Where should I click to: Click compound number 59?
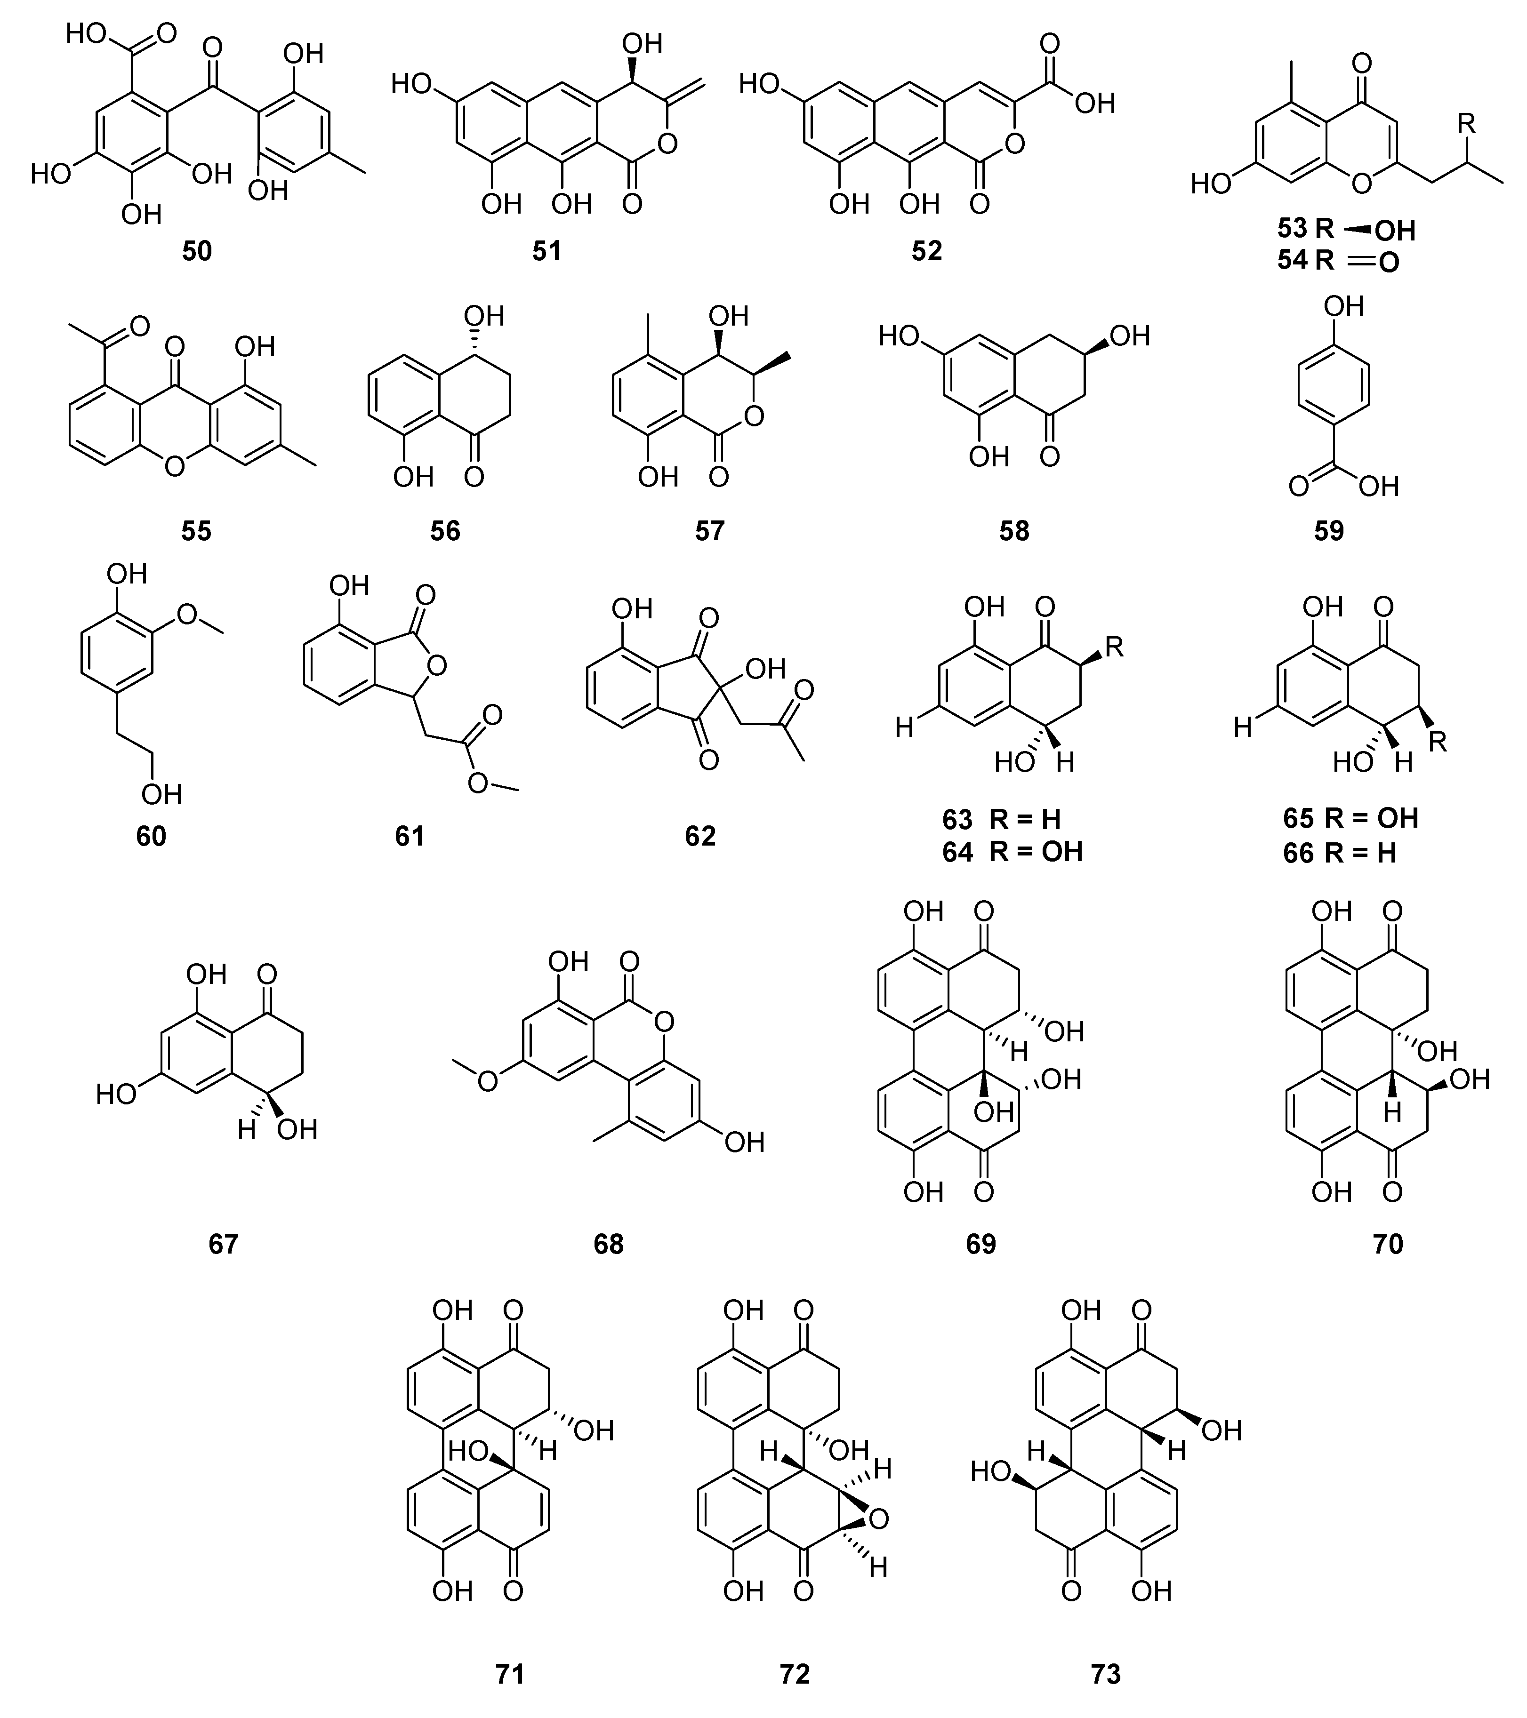click(1328, 531)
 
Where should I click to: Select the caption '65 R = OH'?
click(1350, 819)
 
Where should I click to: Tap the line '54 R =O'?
click(1338, 262)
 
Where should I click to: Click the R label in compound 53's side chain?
click(1466, 124)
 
